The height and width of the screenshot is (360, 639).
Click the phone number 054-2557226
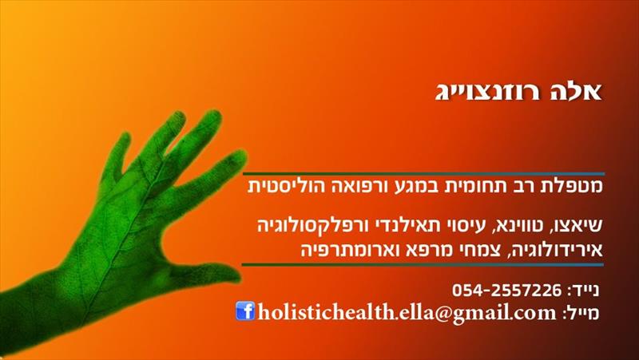pos(506,291)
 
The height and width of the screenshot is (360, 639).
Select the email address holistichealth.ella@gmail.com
pos(407,313)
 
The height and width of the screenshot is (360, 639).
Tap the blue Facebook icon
pos(245,311)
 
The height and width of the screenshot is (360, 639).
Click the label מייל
pos(581,313)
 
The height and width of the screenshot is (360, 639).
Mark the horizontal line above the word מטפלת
pos(424,174)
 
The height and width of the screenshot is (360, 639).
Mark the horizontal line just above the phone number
pos(423,265)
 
